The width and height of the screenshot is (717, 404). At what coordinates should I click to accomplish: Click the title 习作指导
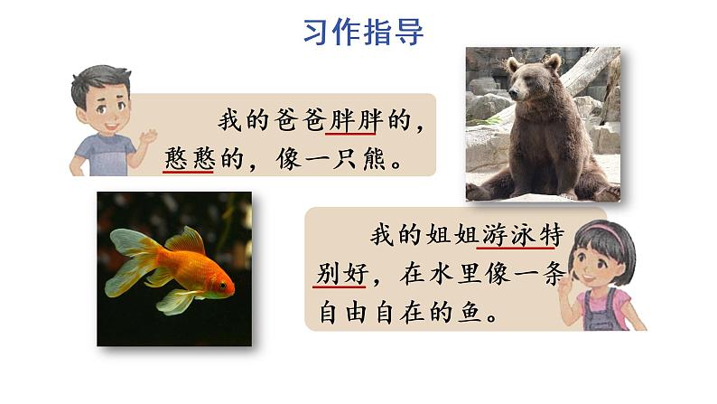point(363,31)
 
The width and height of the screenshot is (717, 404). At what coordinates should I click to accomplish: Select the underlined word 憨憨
point(188,158)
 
